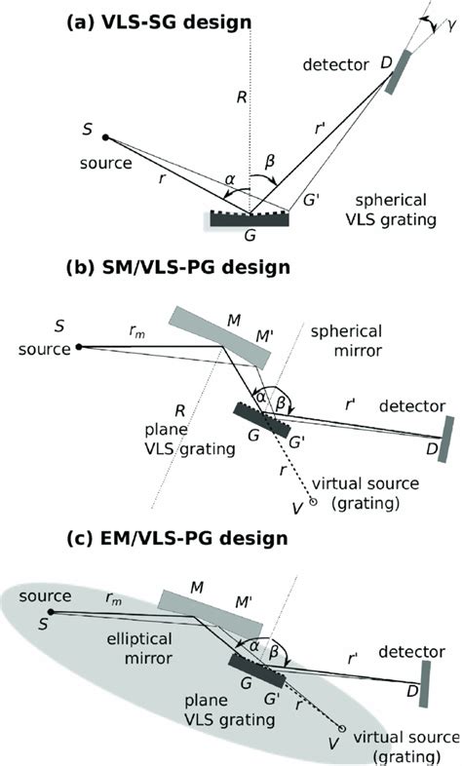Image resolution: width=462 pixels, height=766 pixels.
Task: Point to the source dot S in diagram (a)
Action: [x=105, y=138]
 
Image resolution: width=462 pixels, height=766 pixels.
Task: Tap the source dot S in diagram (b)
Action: [x=78, y=346]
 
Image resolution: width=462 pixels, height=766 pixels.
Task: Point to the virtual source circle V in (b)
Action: [x=313, y=502]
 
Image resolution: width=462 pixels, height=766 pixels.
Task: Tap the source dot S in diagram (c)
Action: [x=52, y=611]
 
